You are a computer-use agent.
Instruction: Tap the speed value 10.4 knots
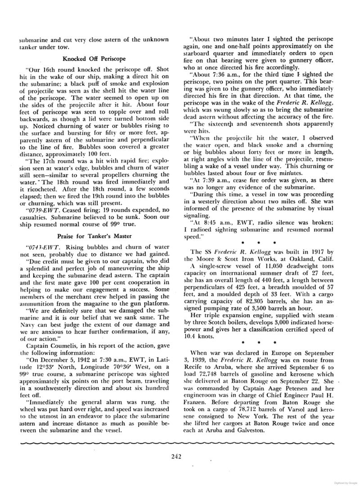tap(201, 335)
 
